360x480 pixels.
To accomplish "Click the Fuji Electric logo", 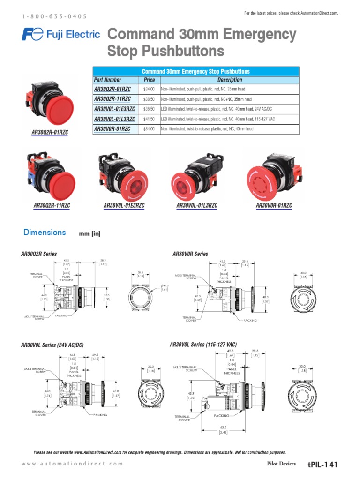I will coord(61,34).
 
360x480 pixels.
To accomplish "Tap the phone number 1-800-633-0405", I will coord(54,16).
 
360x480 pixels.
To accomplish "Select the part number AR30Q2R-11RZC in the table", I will coord(112,99).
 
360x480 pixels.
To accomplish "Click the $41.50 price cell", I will coord(149,119).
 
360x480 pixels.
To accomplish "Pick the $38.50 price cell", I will coord(149,99).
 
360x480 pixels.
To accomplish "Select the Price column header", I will coord(149,80).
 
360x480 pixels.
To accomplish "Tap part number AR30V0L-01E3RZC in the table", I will coord(115,109).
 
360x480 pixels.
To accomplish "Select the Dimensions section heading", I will coord(45,232).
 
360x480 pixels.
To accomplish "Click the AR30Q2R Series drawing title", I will coord(39,254).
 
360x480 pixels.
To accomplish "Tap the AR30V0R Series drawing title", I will coord(190,254).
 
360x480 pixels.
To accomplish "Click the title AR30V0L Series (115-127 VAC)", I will coord(203,345).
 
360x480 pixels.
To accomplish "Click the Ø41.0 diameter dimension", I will coord(165,285).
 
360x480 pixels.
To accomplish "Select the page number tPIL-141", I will coord(322,465).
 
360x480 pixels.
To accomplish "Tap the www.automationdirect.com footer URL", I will coord(73,464).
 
